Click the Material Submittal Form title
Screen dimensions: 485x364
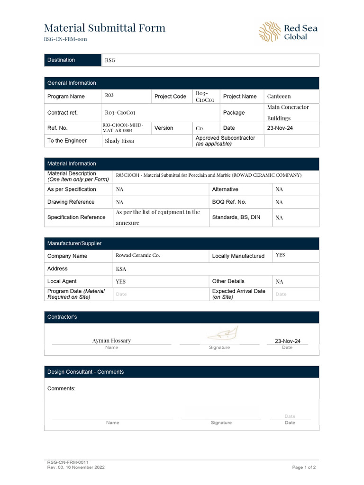105,28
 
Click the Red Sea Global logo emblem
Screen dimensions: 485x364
269,32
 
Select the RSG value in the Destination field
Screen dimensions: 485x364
110,60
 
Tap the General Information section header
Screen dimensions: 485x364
72,83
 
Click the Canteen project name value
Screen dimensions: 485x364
279,96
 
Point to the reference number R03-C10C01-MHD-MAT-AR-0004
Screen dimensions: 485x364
123,128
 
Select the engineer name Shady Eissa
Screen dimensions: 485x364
119,141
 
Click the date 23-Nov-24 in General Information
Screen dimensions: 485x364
280,128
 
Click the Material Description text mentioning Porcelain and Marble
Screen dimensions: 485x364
209,175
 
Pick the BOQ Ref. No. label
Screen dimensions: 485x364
229,202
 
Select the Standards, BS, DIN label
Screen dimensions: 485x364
236,217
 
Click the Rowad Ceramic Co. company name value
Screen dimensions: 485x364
138,255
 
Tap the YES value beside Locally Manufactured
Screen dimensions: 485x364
281,255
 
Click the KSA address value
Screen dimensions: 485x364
121,269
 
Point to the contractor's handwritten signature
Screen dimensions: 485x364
220,334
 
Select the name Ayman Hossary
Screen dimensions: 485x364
111,341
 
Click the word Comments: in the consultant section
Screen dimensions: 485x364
62,388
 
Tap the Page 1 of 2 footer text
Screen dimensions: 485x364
304,467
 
